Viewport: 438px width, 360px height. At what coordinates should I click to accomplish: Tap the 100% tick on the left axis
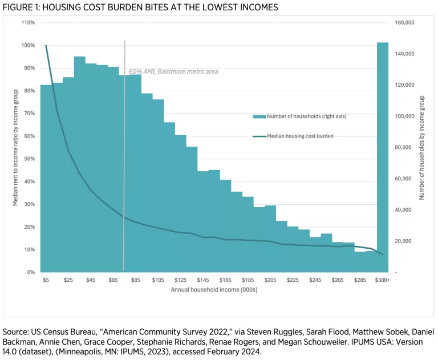(x=28, y=46)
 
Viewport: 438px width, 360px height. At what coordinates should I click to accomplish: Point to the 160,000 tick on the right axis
(x=404, y=23)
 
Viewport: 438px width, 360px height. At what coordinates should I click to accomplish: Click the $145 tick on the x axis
(x=203, y=280)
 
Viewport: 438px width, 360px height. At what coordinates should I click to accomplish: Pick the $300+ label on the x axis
(x=383, y=280)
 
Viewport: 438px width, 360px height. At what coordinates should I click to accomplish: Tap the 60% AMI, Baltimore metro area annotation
(x=173, y=71)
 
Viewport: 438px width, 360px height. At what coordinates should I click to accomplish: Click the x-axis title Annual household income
(x=214, y=290)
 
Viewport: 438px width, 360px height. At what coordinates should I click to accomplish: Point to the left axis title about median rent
(x=16, y=147)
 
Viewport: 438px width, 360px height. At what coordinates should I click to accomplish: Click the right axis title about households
(x=422, y=147)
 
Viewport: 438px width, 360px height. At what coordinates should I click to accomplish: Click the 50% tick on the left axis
(x=28, y=159)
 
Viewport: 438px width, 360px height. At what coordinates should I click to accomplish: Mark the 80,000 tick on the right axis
(x=404, y=148)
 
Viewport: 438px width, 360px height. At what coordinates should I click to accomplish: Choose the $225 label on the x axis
(x=293, y=280)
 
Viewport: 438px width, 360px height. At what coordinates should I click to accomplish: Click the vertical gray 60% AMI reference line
(x=124, y=171)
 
